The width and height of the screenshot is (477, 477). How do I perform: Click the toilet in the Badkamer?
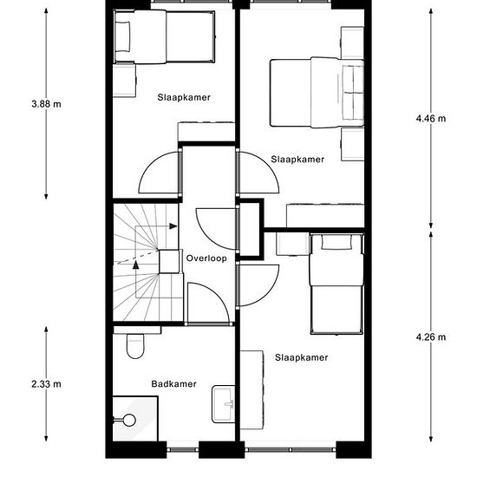[135, 346]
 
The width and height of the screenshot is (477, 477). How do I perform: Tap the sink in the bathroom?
[224, 404]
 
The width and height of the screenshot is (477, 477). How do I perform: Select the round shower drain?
[129, 420]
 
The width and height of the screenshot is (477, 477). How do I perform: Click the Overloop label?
[206, 258]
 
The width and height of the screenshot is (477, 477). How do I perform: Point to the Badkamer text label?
[173, 384]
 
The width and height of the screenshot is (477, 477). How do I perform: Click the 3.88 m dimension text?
[46, 104]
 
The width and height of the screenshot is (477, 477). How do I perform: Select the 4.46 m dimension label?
[431, 118]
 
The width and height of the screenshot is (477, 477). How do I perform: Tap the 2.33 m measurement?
[46, 384]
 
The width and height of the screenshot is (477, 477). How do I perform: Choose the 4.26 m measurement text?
[431, 337]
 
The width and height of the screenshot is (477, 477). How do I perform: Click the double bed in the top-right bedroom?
[317, 92]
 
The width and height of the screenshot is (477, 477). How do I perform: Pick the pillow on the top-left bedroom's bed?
[122, 36]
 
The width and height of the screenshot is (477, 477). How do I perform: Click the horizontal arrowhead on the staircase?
[173, 226]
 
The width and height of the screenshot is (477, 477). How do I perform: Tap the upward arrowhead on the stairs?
[136, 265]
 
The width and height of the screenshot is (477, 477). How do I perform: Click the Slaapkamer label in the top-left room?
[184, 97]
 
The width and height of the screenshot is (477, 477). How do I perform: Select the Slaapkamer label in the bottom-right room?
[302, 357]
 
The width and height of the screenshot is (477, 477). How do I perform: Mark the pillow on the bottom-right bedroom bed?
[337, 242]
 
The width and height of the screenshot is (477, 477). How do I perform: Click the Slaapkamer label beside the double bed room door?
[297, 159]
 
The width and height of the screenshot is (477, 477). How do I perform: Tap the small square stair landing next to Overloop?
[169, 261]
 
